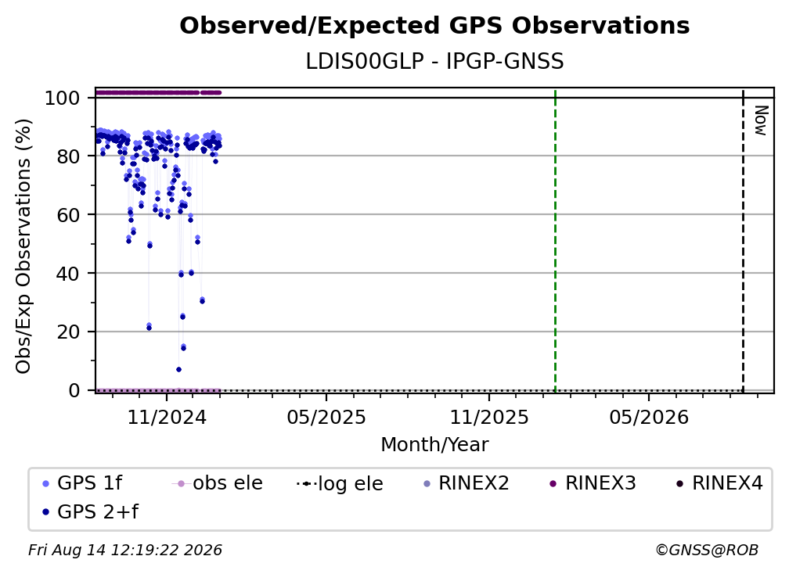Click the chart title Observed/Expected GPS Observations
click(434, 26)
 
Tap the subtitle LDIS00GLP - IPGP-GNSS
click(434, 61)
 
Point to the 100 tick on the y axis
click(63, 98)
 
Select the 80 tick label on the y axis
click(68, 156)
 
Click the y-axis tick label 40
click(68, 274)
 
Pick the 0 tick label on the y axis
click(74, 390)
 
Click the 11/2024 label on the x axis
click(167, 417)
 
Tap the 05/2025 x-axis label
click(326, 417)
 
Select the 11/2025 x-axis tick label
click(489, 417)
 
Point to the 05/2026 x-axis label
click(649, 417)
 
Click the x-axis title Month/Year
click(434, 444)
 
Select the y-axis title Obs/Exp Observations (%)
click(23, 246)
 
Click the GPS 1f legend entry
click(82, 483)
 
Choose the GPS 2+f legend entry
click(90, 511)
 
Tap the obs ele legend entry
click(218, 483)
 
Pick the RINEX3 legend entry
click(593, 483)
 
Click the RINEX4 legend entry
click(719, 483)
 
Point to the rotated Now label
click(760, 120)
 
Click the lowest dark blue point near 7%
click(178, 369)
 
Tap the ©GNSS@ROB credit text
click(707, 551)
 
